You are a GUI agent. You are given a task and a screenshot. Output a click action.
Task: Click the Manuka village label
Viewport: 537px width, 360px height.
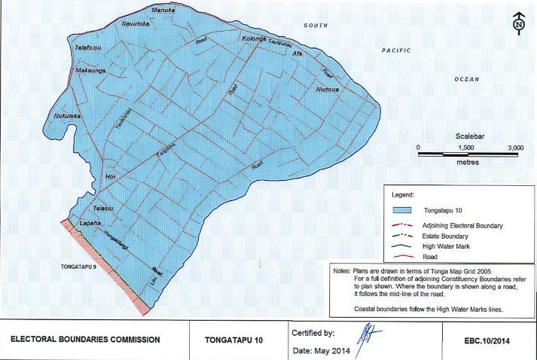[163, 11]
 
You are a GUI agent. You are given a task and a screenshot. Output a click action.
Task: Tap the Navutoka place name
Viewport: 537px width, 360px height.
[137, 24]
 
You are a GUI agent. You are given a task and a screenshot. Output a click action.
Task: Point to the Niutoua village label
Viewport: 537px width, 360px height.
[328, 88]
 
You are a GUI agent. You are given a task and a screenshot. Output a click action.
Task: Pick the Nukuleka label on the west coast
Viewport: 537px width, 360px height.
[67, 117]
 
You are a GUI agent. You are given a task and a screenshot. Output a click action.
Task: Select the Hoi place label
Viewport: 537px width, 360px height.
[110, 175]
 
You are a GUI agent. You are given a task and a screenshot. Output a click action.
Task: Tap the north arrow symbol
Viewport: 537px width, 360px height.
[518, 23]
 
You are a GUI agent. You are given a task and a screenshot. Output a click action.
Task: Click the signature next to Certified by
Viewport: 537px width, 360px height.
[364, 331]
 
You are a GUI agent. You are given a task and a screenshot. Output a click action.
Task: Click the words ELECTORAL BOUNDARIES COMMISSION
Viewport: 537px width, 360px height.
[84, 340]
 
